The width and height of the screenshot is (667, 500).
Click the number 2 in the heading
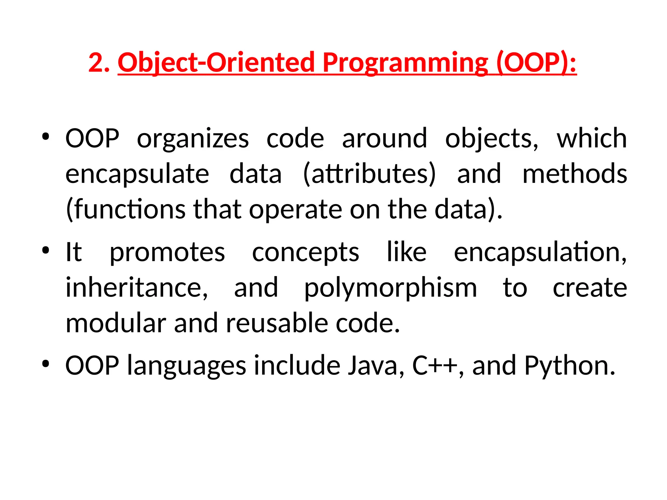pos(96,62)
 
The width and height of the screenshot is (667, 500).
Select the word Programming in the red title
pos(405,62)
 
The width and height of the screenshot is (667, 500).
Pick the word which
pos(591,138)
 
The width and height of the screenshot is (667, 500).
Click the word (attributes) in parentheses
pos(369,174)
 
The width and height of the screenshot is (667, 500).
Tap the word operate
pos(295,210)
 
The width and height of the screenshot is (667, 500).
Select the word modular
pos(116,323)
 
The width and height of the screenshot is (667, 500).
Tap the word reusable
pos(277,323)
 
